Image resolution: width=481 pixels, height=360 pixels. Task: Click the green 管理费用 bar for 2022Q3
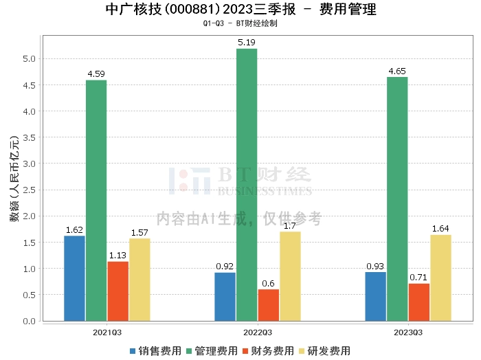click(247, 185)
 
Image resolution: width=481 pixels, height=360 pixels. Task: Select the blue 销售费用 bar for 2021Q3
click(74, 278)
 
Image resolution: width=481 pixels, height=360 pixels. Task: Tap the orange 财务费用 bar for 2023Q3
click(418, 302)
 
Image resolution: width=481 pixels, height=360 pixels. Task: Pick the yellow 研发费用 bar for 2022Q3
click(290, 276)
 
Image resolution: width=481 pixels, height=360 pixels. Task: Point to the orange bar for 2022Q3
click(268, 305)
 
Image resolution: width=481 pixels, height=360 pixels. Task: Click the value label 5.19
click(247, 43)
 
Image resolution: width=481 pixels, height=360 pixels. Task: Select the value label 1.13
click(118, 256)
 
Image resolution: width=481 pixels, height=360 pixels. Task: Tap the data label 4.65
click(397, 71)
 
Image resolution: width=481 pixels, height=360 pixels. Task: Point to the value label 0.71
click(418, 278)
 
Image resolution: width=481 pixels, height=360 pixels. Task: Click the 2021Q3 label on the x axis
click(107, 331)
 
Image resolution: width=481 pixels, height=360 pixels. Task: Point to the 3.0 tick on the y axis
click(30, 164)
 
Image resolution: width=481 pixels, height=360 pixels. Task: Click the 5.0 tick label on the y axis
click(30, 59)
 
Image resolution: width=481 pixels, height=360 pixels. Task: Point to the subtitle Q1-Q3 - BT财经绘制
click(240, 23)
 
